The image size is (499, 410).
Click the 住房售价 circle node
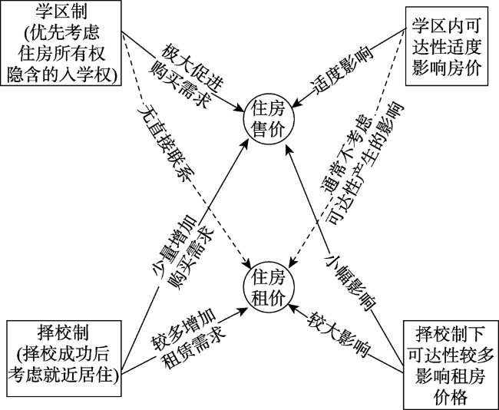tap(269, 119)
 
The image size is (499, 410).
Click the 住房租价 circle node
tap(269, 288)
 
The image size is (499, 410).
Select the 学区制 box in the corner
tap(61, 43)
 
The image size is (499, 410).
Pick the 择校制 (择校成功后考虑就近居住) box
tap(64, 359)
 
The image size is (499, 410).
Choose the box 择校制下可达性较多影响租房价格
tap(451, 365)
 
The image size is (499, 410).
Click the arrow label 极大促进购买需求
tap(186, 75)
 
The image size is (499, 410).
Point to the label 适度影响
tap(342, 71)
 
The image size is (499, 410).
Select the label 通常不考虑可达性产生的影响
tap(362, 164)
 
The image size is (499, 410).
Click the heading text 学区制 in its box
tap(61, 12)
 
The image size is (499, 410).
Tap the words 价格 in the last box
tap(451, 396)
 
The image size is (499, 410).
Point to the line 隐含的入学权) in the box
tap(61, 74)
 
